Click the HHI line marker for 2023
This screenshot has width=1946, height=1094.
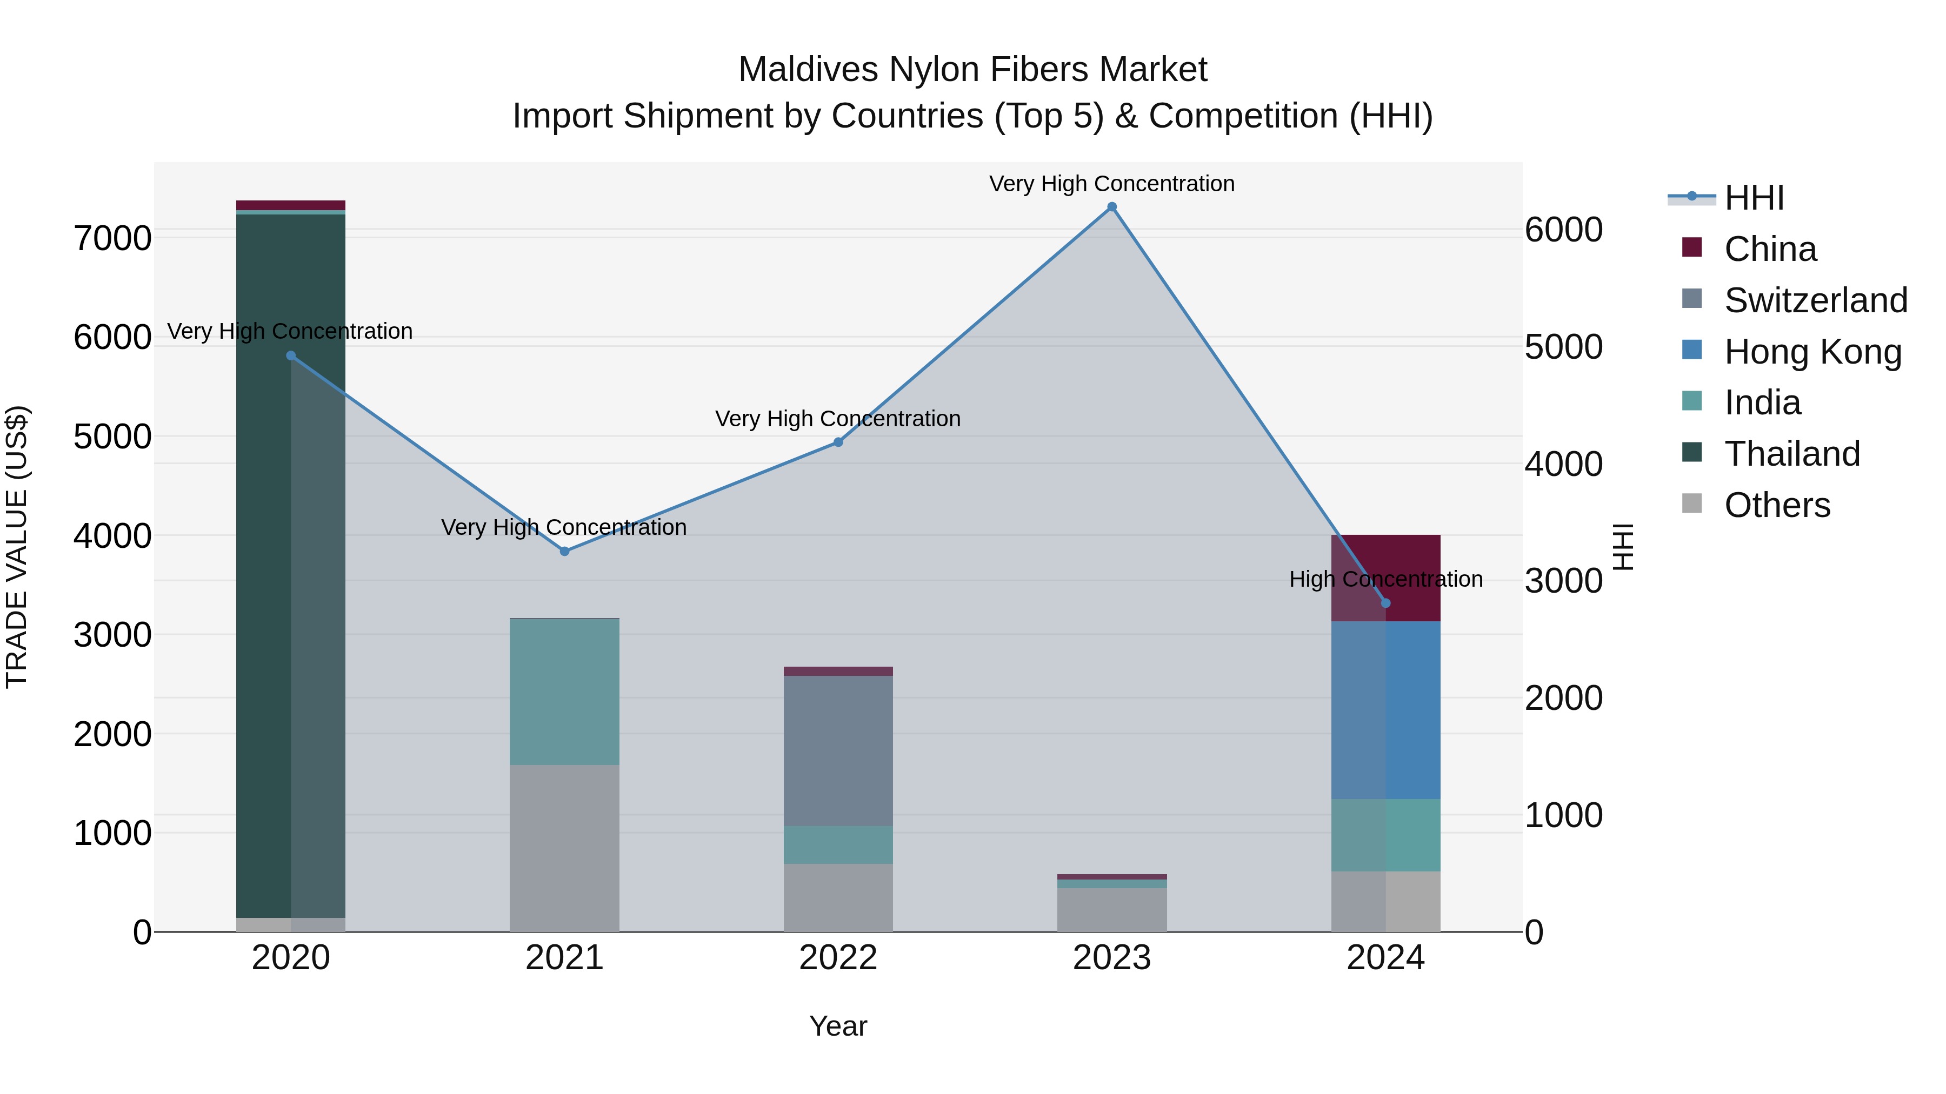(x=1111, y=207)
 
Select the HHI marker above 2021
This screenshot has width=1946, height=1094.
(x=564, y=551)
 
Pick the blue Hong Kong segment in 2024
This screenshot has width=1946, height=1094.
(x=1385, y=710)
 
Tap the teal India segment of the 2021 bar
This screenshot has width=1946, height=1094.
(x=564, y=692)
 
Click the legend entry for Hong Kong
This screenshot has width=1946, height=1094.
(x=1812, y=352)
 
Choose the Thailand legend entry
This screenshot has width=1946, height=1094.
(x=1792, y=454)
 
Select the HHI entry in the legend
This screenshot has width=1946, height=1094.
(x=1754, y=198)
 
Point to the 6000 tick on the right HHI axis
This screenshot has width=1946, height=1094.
(x=1563, y=230)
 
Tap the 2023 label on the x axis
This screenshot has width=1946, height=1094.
(x=1111, y=958)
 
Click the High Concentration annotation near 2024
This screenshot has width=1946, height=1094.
(x=1385, y=579)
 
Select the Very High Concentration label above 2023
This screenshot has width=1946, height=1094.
(x=1111, y=184)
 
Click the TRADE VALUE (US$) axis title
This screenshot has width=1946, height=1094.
(x=17, y=547)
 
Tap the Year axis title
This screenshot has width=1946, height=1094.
(x=838, y=1026)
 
